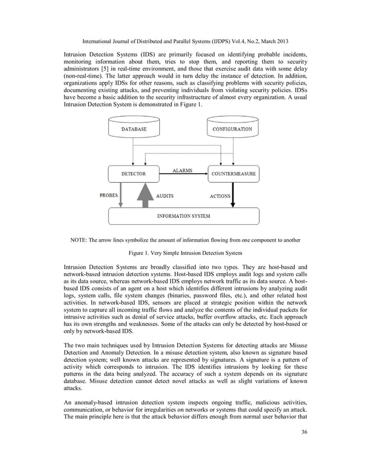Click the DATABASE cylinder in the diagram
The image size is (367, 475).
(x=133, y=129)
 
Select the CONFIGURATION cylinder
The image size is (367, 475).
(x=232, y=129)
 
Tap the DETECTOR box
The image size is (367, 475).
(x=133, y=173)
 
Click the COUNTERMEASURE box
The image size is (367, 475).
(x=234, y=173)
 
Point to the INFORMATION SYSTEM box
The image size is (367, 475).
(x=183, y=216)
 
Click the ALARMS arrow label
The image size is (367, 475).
(x=182, y=170)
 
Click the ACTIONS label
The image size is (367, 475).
(x=219, y=196)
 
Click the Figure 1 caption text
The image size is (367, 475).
(x=183, y=253)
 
